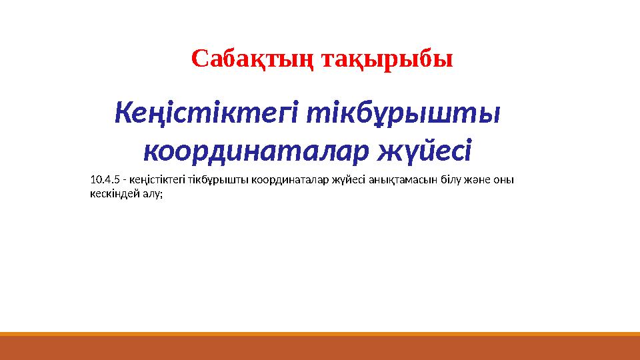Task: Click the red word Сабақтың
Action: tap(253, 59)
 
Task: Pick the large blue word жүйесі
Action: tap(424, 153)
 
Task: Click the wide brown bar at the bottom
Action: tap(320, 348)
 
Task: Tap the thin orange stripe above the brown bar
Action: tap(320, 333)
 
